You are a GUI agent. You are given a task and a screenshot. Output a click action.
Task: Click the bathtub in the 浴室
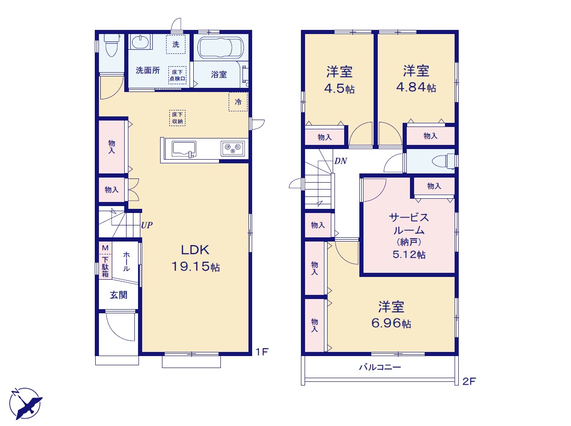[x=220, y=47]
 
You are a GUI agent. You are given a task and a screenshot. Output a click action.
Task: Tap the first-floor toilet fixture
[x=111, y=45]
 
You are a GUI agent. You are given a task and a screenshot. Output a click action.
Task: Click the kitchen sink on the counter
[x=184, y=149]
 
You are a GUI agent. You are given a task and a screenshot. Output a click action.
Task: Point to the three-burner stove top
[x=232, y=149]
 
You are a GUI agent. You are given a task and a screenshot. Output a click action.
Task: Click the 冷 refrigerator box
[x=238, y=102]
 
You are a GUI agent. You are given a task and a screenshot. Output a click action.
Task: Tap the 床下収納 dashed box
[x=178, y=118]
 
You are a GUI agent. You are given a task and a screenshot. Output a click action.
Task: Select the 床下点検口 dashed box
[x=178, y=75]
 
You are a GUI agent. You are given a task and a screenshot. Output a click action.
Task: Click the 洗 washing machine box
[x=176, y=45]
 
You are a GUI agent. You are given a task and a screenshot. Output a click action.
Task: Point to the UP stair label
[x=147, y=225]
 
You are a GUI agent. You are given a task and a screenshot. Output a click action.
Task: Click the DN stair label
[x=340, y=161]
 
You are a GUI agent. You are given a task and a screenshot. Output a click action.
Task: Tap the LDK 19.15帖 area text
[x=196, y=258]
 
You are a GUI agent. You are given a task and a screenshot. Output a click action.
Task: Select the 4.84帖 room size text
[x=416, y=87]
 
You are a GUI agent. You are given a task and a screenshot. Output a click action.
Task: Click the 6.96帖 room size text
[x=391, y=323]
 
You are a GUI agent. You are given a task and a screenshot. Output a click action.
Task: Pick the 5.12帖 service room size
[x=409, y=254]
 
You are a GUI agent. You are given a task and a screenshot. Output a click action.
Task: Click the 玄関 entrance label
[x=119, y=295]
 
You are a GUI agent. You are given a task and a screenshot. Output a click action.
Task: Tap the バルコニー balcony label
[x=380, y=367]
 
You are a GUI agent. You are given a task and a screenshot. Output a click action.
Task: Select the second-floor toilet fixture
[x=443, y=161]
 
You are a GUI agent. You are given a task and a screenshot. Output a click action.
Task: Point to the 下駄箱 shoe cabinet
[x=105, y=266]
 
